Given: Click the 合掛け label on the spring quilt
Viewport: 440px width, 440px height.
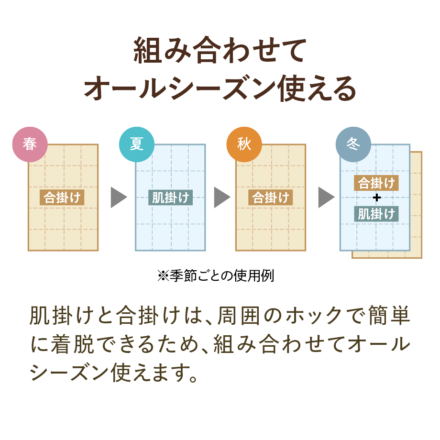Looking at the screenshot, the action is tap(62, 198).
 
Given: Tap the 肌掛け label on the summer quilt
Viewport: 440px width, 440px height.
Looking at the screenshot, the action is tap(170, 198).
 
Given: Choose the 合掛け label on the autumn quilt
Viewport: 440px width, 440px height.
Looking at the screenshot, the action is tap(270, 198).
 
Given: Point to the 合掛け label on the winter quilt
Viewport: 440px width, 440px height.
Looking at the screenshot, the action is tap(376, 183).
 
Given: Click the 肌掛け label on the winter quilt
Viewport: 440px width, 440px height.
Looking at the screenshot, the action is tap(376, 213).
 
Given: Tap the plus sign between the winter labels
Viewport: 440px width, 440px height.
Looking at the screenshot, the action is tap(376, 198).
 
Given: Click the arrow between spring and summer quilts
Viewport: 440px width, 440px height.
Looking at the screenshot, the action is tap(118, 198).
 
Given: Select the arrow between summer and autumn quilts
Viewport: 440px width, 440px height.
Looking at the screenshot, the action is tap(221, 198).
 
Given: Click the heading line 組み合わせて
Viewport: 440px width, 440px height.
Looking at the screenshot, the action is tap(220, 51).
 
